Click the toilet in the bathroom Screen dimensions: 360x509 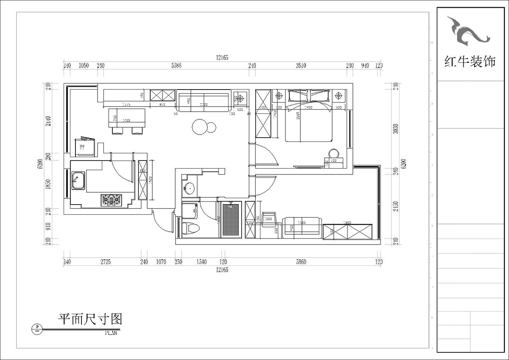coord(190,228)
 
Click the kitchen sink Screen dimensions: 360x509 coord(78,181)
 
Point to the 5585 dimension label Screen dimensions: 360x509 coord(176,66)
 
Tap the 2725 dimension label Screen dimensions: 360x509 coord(105,262)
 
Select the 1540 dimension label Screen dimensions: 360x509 coord(201,262)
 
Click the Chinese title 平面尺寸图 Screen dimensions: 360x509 coord(90,319)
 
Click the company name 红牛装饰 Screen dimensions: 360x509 coord(470,62)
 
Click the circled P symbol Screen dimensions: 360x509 coord(38,328)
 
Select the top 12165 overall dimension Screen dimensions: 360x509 coord(222,58)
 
